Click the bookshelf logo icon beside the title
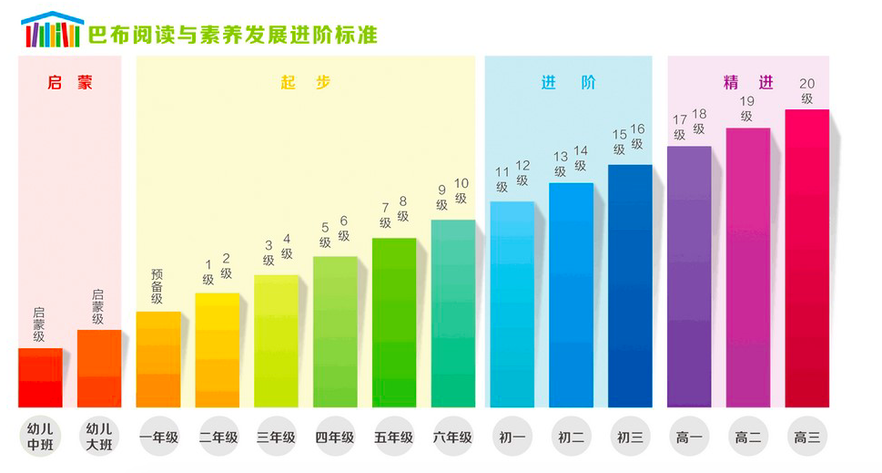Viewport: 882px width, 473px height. pyautogui.click(x=52, y=30)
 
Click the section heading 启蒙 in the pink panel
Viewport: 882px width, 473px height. pyautogui.click(x=70, y=82)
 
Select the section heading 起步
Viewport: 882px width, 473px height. pyautogui.click(x=305, y=82)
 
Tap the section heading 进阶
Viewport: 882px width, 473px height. pyautogui.click(x=568, y=82)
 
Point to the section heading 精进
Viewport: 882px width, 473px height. pyautogui.click(x=748, y=82)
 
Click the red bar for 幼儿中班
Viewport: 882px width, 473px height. pyautogui.click(x=41, y=377)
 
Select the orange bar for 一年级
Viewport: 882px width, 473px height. pyautogui.click(x=158, y=359)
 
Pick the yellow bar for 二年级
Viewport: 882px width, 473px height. pyautogui.click(x=218, y=350)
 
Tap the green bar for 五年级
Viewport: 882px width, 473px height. pyautogui.click(x=394, y=323)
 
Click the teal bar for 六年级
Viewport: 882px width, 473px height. pyautogui.click(x=453, y=314)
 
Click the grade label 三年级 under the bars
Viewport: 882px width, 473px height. pyautogui.click(x=277, y=437)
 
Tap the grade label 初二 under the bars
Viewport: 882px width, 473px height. pyautogui.click(x=571, y=437)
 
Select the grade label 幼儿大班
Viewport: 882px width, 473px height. pyautogui.click(x=99, y=436)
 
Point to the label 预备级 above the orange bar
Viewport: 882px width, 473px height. pyautogui.click(x=157, y=286)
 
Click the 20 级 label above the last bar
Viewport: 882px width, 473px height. pyautogui.click(x=806, y=91)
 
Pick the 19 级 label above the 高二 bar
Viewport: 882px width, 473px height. pyautogui.click(x=747, y=108)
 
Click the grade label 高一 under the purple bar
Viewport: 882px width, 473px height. pyautogui.click(x=689, y=437)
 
